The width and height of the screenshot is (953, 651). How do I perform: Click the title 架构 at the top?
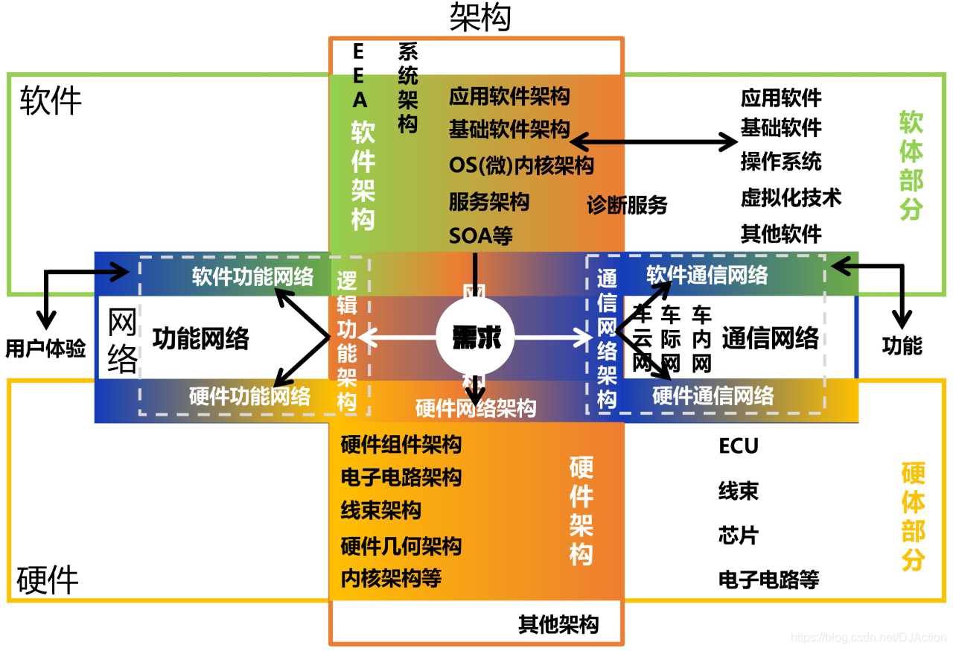(480, 17)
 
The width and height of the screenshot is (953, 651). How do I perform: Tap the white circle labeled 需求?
(476, 338)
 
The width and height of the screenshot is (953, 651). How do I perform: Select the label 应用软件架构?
(509, 96)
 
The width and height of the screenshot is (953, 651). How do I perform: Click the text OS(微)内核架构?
(521, 165)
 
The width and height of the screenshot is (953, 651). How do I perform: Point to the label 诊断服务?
(627, 205)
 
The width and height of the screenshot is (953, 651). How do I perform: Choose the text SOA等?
(481, 235)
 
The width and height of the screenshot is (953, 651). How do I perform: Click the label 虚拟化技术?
(791, 197)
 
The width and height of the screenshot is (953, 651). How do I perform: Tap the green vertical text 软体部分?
(911, 165)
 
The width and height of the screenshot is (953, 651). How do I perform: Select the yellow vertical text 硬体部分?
(913, 516)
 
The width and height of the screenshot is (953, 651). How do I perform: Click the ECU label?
(739, 446)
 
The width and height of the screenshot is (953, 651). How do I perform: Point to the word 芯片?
(739, 536)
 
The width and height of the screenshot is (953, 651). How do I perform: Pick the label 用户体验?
(46, 349)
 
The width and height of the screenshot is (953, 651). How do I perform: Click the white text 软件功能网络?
(252, 276)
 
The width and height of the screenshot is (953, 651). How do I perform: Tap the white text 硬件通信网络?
(713, 396)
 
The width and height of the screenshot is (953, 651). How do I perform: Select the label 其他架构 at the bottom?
(558, 624)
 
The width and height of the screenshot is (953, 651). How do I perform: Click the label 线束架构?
(381, 510)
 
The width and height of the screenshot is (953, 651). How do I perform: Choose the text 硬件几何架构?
(401, 546)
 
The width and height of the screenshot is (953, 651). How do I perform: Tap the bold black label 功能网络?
(201, 339)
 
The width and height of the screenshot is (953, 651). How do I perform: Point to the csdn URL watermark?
(867, 638)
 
